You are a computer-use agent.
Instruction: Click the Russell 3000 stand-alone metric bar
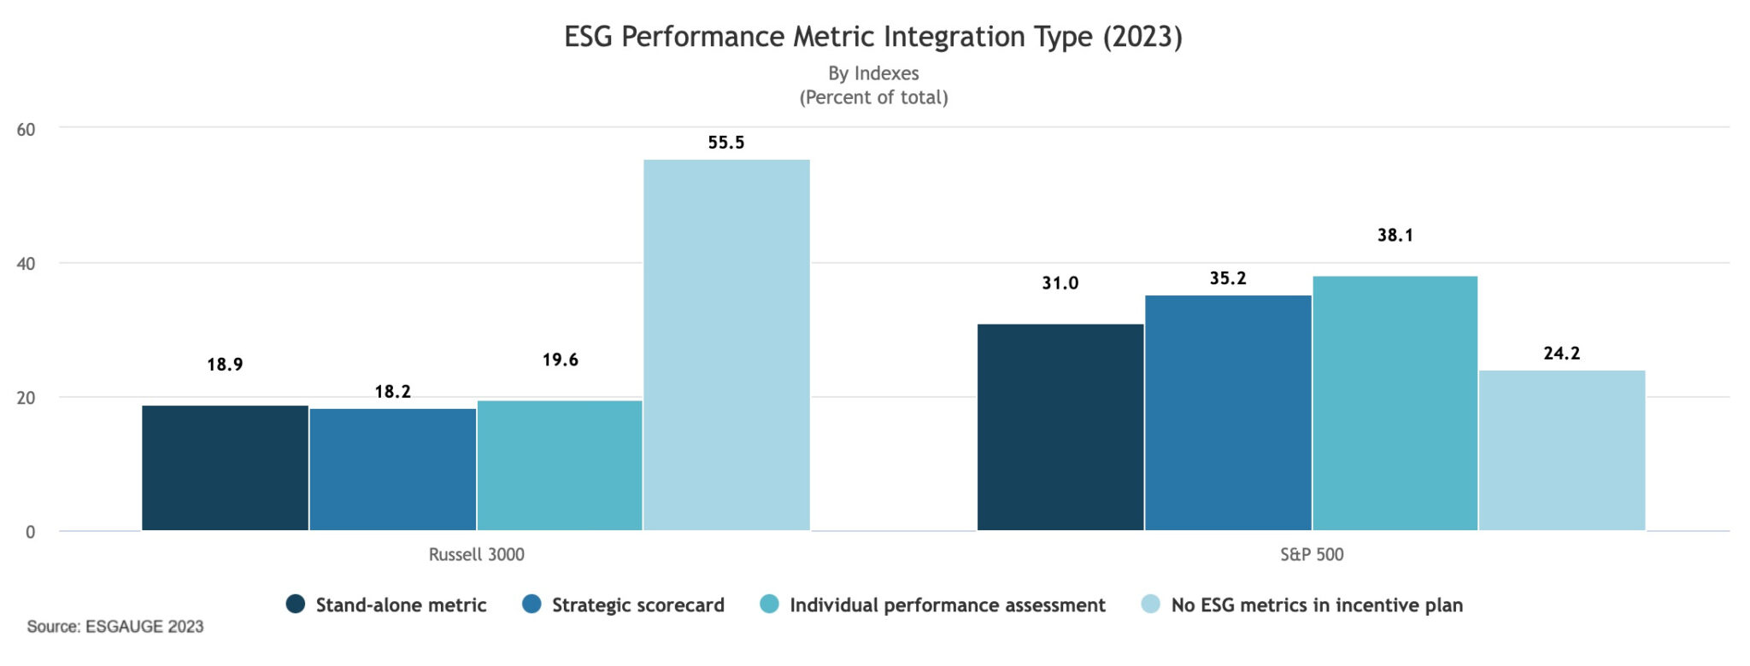coord(225,468)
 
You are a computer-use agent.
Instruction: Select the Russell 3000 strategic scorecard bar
coord(392,470)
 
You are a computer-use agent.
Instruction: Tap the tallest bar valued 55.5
coord(726,345)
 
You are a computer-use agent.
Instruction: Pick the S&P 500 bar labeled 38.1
coord(1395,403)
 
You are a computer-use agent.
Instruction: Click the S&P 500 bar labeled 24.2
coord(1561,450)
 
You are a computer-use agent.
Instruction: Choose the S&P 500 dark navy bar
coord(1060,427)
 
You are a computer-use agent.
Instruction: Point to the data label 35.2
coord(1227,278)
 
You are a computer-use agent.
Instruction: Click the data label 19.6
coord(560,360)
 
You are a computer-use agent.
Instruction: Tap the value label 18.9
coord(225,365)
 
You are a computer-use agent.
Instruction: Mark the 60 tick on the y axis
coord(26,130)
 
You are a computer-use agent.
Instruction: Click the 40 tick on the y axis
coord(26,264)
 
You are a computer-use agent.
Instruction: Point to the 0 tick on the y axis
coord(31,532)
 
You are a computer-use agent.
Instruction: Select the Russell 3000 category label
coord(476,555)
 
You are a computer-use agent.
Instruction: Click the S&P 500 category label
coord(1311,555)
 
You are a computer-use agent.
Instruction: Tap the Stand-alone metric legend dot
coord(296,605)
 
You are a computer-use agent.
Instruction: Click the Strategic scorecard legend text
coord(637,605)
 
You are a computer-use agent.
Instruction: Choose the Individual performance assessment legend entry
coord(947,605)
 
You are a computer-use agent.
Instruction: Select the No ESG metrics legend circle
coord(1151,605)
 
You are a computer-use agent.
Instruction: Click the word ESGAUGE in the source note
coord(125,627)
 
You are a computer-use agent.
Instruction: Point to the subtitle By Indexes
coord(873,73)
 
